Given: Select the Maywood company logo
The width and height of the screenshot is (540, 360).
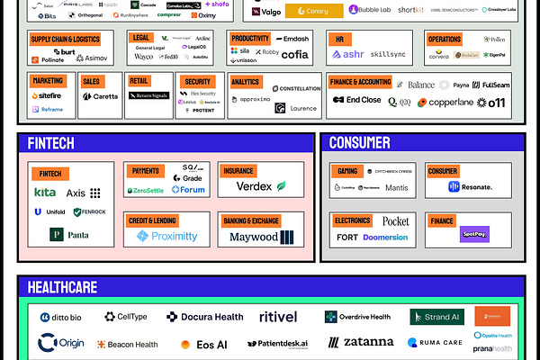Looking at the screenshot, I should point(261,238).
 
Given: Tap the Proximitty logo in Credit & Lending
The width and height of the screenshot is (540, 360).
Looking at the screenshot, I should point(167,236).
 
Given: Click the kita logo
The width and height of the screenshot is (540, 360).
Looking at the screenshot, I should point(45,193).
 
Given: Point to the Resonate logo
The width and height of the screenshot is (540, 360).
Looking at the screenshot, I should point(471,187).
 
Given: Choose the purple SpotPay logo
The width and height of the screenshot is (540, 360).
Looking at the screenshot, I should point(473,234).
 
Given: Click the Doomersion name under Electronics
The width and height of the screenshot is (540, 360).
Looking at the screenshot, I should point(384,237).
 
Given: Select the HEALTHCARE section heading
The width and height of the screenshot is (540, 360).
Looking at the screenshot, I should point(63,287).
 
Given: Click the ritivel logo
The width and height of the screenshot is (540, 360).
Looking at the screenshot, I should point(279,317).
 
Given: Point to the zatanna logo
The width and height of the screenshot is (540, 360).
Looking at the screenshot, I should point(361,342).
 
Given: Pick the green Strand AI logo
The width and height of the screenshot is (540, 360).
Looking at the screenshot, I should point(437,317).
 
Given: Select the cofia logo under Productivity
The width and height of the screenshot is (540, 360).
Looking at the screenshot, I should point(293,55).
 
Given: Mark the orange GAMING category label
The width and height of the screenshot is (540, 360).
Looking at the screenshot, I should point(347,171).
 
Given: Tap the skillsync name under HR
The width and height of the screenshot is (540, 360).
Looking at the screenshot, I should point(389,55).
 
